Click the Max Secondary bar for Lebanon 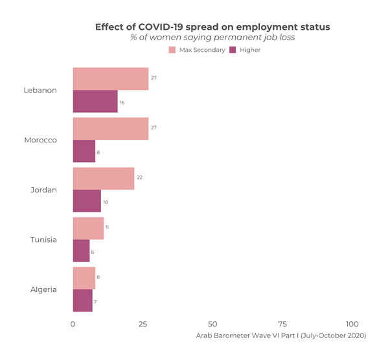pyautogui.click(x=110, y=78)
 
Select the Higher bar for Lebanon pyautogui.click(x=95, y=102)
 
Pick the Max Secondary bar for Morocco pyautogui.click(x=110, y=128)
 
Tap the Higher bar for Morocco pyautogui.click(x=84, y=152)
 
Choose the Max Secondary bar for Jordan pyautogui.click(x=104, y=178)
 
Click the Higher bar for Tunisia pyautogui.click(x=81, y=251)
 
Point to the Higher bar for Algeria pyautogui.click(x=82, y=301)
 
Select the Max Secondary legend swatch pyautogui.click(x=172, y=50)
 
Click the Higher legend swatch pyautogui.click(x=233, y=50)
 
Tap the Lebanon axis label pyautogui.click(x=40, y=90)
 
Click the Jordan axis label pyautogui.click(x=43, y=190)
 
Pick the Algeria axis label pyautogui.click(x=43, y=289)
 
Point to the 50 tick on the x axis pyautogui.click(x=212, y=324)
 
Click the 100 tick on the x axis pyautogui.click(x=352, y=324)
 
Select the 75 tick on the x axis pyautogui.click(x=282, y=324)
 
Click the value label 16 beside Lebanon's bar pyautogui.click(x=122, y=102)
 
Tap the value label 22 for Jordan pyautogui.click(x=139, y=177)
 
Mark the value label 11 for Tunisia pyautogui.click(x=107, y=227)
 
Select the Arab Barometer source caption pyautogui.click(x=281, y=335)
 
